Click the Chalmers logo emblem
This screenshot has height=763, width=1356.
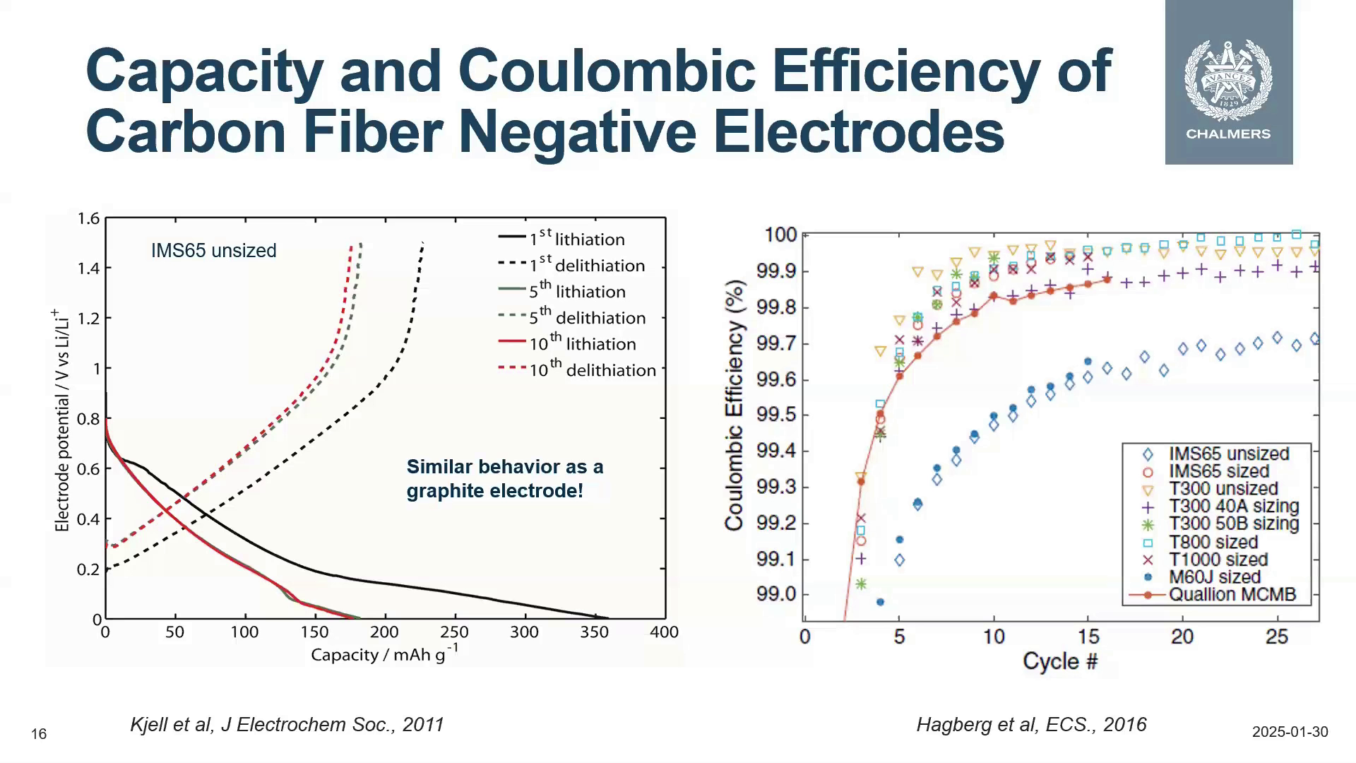[1228, 79]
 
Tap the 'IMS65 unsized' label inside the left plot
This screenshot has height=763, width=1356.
[213, 251]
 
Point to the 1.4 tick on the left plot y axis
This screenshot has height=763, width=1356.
[89, 268]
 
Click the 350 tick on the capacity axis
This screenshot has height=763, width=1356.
[594, 632]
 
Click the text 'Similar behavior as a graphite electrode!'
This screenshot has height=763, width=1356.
[504, 478]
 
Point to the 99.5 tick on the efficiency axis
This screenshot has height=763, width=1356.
[776, 415]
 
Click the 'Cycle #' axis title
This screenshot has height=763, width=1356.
[1059, 662]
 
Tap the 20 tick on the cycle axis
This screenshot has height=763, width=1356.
[1182, 637]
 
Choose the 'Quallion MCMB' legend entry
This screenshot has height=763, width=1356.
[1232, 595]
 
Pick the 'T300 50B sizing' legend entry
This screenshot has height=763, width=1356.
[1233, 524]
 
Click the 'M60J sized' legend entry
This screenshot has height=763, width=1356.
[1214, 577]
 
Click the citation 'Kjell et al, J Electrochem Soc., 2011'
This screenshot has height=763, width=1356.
[287, 725]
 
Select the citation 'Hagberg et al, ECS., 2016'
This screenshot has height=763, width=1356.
[1031, 725]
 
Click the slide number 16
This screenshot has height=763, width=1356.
[39, 735]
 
